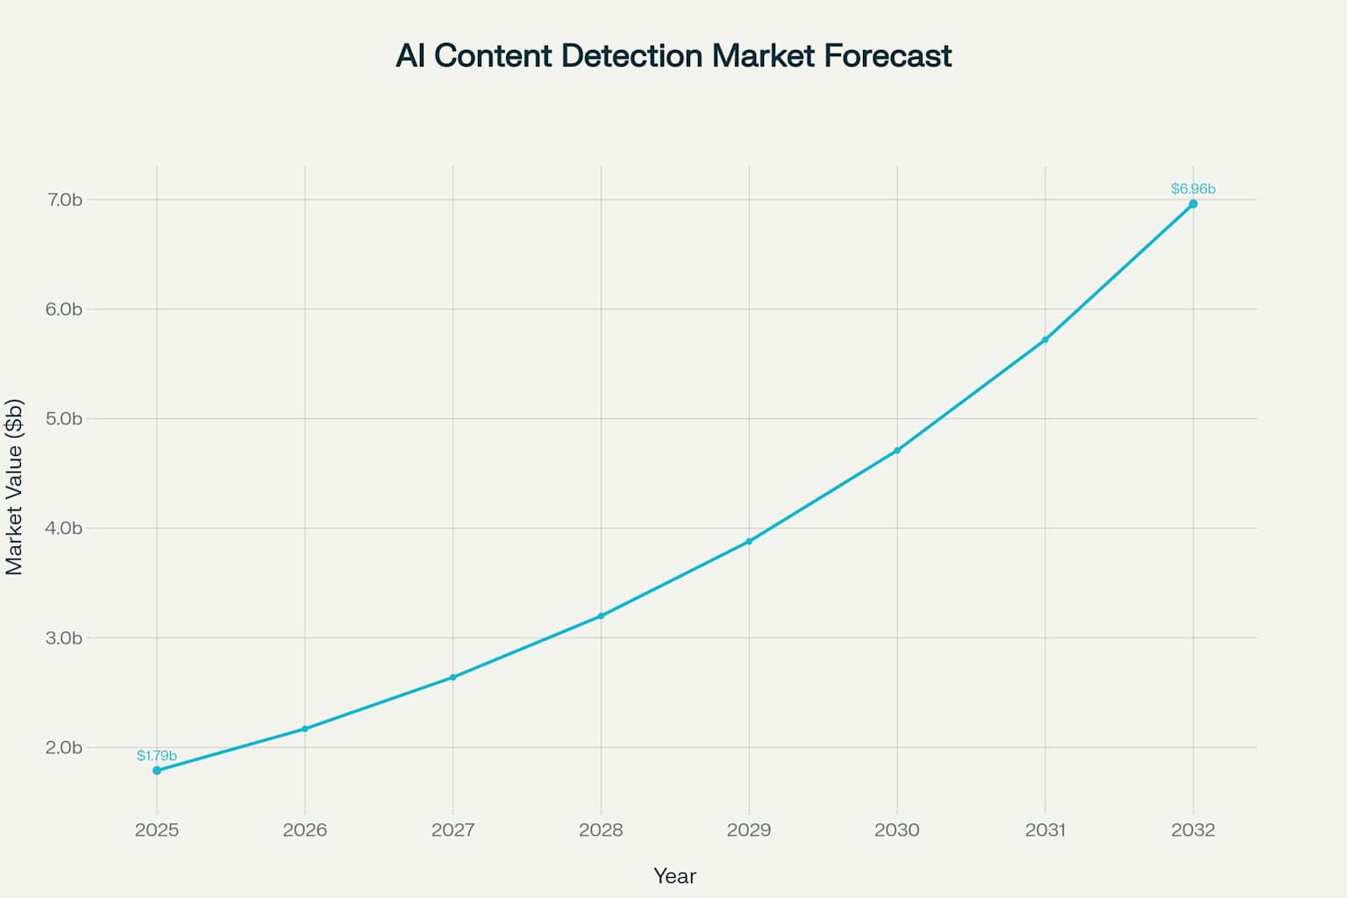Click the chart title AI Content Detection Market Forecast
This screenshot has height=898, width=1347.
[673, 56]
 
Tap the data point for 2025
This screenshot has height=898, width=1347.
[157, 770]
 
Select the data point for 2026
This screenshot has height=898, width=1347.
[305, 729]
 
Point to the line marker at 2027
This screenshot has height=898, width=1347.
[453, 677]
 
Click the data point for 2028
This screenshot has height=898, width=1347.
[601, 616]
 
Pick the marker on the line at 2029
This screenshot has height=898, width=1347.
[749, 541]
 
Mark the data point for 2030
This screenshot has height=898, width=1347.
[897, 451]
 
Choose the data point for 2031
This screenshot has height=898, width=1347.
[1044, 339]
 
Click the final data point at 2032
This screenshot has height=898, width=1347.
[1193, 203]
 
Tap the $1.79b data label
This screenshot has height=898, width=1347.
[157, 756]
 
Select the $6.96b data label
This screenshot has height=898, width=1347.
[1193, 189]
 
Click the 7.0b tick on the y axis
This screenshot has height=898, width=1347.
[65, 200]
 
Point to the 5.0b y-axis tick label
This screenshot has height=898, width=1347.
[65, 418]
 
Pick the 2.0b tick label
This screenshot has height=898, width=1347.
[65, 747]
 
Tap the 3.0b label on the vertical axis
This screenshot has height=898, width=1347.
[65, 638]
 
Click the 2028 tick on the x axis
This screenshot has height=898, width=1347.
[601, 830]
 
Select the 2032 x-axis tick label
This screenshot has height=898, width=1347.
[1193, 830]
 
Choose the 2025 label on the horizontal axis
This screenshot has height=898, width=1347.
[157, 830]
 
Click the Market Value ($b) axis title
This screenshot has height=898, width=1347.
[15, 487]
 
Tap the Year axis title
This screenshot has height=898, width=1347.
[674, 876]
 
